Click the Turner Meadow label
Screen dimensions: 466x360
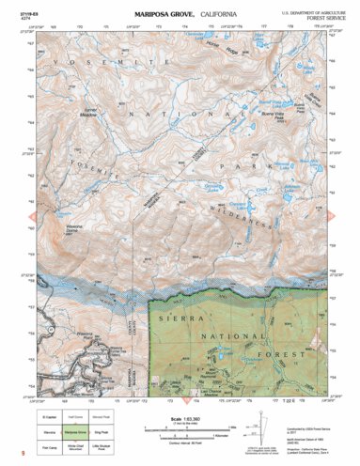point(90,111)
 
